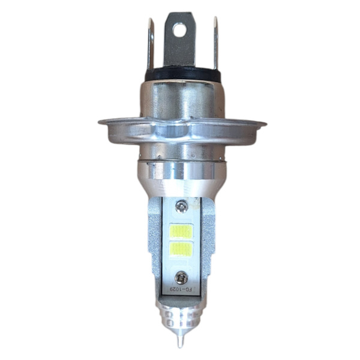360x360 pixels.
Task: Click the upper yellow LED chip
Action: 181,230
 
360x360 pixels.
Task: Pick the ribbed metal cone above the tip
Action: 181,315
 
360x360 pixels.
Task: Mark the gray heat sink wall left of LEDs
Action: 153,240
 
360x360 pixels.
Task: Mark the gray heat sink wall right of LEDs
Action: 207,240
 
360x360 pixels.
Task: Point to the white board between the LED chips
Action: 181,239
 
